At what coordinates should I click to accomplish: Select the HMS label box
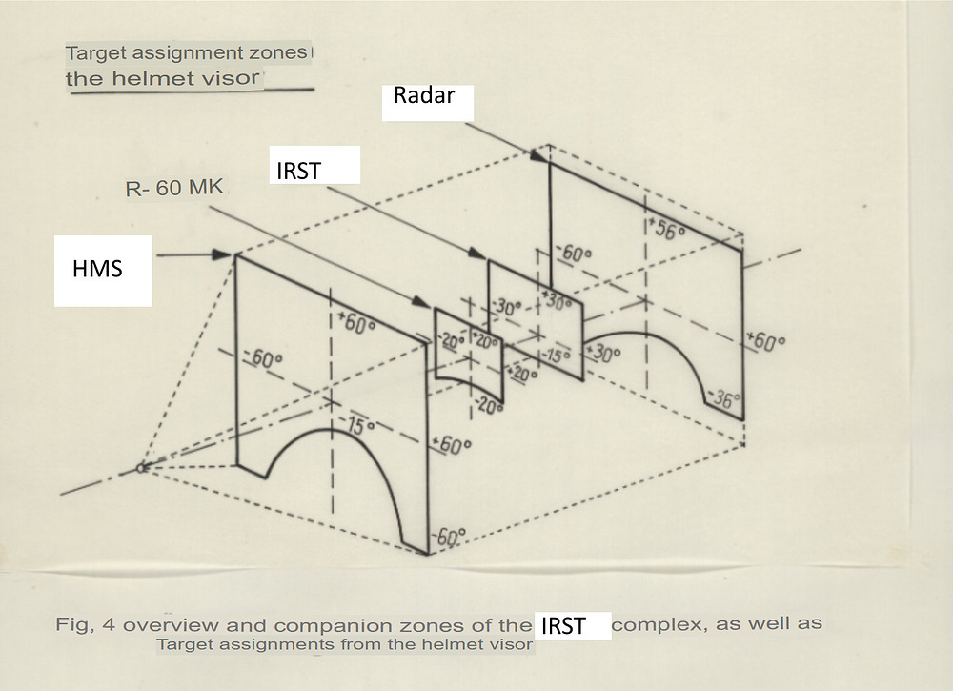coord(103,271)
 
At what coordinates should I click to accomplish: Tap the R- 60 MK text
coord(174,189)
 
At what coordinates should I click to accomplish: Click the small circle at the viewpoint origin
coord(141,468)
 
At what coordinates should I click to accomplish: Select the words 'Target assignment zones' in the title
coord(187,53)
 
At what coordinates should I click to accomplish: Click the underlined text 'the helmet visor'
coord(162,78)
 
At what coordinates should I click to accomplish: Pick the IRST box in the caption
coord(572,626)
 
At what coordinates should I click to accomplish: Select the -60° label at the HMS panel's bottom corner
coord(450,538)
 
